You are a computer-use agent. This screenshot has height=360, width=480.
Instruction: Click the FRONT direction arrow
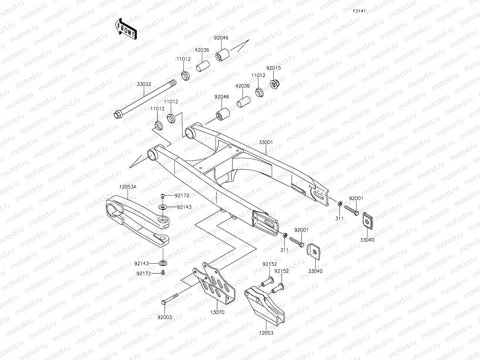click(x=125, y=29)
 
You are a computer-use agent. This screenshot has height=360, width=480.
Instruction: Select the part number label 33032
click(x=144, y=84)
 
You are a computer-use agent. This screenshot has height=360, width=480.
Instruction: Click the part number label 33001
click(x=266, y=143)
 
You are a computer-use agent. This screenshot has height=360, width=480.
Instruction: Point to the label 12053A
click(x=128, y=187)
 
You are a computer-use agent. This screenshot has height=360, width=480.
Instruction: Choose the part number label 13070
click(x=217, y=312)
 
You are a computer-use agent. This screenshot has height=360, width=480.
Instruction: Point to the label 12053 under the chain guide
click(x=266, y=333)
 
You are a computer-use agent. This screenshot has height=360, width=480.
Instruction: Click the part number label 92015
click(x=273, y=68)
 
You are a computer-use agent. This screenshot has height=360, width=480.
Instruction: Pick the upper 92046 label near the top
click(x=221, y=38)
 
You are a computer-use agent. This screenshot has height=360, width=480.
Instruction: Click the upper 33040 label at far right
click(x=367, y=240)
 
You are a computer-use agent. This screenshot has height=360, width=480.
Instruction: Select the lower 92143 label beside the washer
click(x=142, y=263)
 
